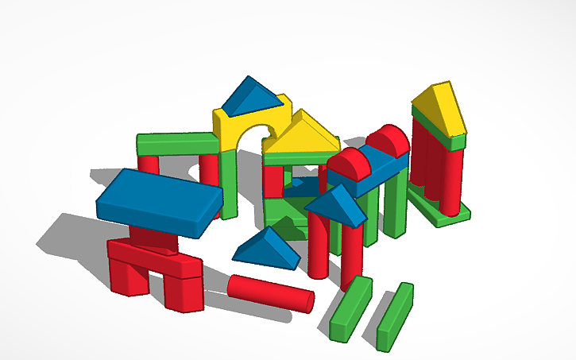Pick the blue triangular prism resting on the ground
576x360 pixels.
[x=267, y=248]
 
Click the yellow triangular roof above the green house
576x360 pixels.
[x=303, y=136]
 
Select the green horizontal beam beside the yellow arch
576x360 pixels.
[x=176, y=144]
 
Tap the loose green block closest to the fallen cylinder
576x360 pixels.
[x=350, y=308]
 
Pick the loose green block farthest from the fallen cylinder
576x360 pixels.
[x=395, y=315]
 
